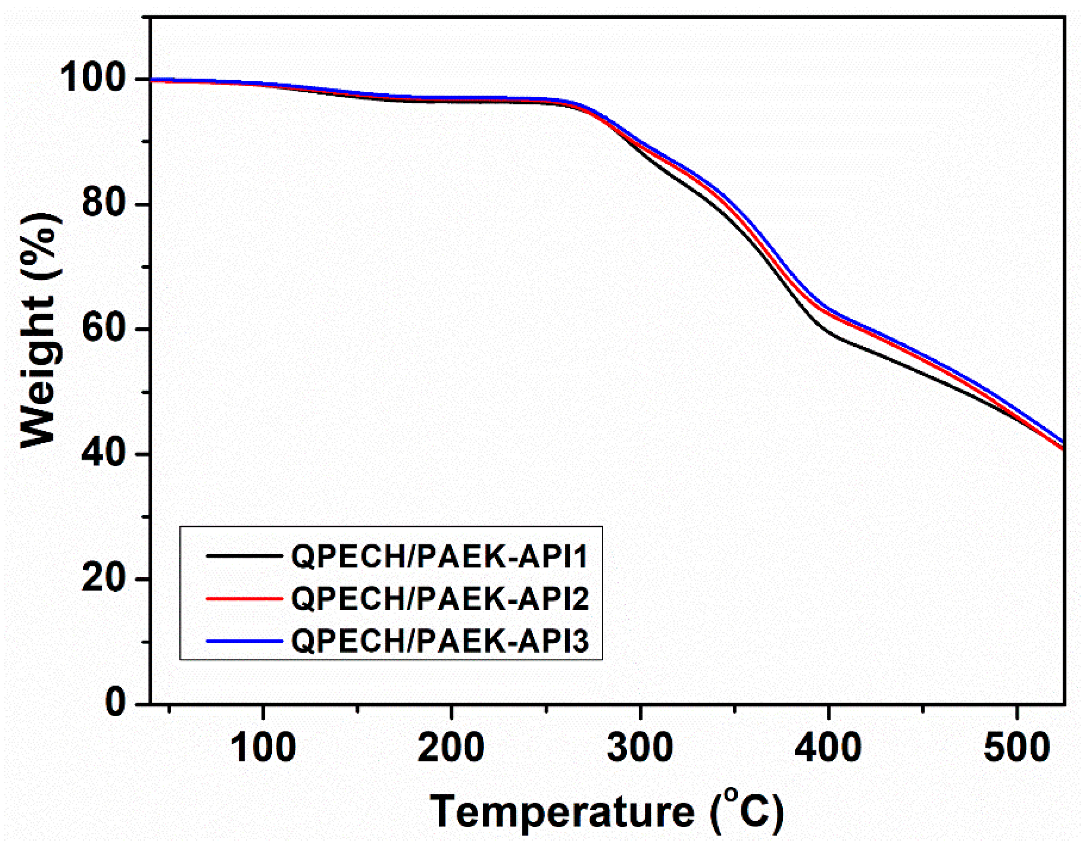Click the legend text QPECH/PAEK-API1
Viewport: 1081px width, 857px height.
coord(440,556)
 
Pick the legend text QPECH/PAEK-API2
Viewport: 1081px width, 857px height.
coord(440,598)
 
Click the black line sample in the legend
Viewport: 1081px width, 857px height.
coord(244,555)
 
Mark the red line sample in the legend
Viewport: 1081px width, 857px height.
coord(244,598)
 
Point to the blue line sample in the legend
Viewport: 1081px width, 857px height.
coord(244,641)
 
